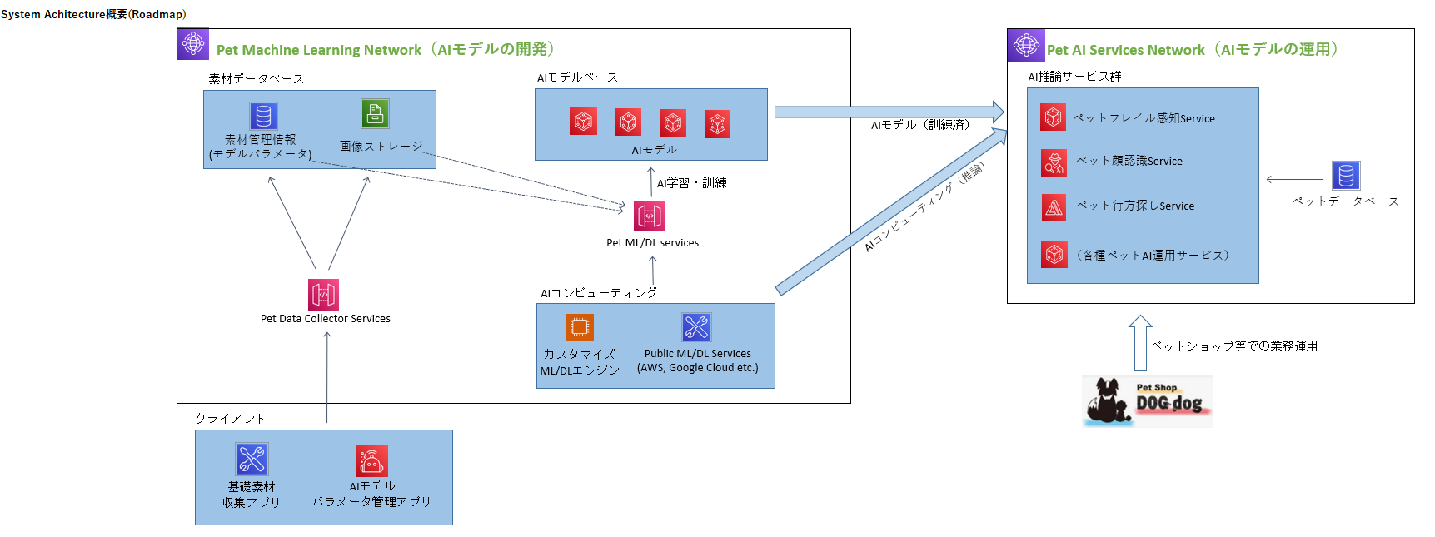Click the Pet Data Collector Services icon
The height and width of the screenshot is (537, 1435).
click(323, 295)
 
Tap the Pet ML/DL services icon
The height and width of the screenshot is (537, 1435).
click(650, 216)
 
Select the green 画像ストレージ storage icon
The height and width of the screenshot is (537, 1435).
click(375, 114)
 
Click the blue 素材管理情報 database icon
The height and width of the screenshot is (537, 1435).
click(263, 116)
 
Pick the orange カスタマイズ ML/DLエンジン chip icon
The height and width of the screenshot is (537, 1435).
click(580, 327)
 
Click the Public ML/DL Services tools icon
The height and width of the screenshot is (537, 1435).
click(696, 327)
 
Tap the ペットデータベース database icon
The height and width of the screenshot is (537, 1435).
click(1346, 176)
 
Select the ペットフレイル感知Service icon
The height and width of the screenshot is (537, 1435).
click(1054, 117)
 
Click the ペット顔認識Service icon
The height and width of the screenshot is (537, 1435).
click(1054, 163)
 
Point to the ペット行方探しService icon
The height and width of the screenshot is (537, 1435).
click(1054, 207)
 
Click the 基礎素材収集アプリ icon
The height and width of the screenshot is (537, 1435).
click(252, 459)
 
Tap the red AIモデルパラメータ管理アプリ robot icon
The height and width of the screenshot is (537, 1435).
click(371, 460)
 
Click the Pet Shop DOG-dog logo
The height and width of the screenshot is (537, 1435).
click(1147, 401)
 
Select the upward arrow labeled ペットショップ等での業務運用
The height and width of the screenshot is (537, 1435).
click(1140, 342)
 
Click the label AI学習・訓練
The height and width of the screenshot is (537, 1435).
click(691, 183)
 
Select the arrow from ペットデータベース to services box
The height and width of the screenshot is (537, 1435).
click(1294, 179)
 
